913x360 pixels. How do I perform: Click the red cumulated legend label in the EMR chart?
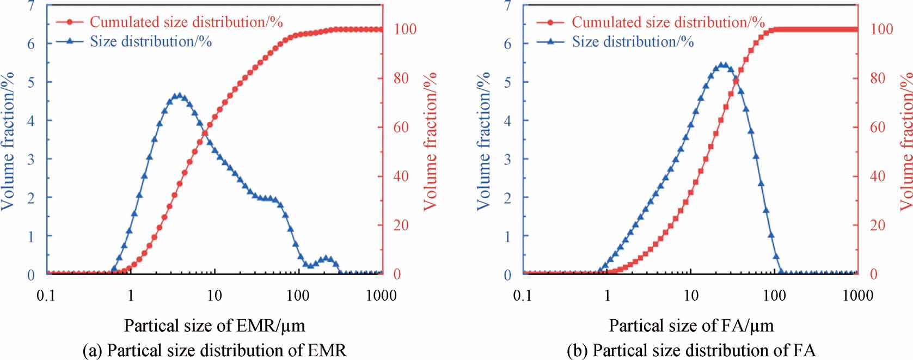click(x=186, y=22)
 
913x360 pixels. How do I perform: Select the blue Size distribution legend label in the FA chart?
click(x=633, y=41)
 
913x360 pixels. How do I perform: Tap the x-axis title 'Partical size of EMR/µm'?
click(x=215, y=326)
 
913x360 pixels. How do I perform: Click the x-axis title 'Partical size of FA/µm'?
click(x=691, y=326)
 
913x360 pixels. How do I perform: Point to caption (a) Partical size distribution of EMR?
click(x=214, y=350)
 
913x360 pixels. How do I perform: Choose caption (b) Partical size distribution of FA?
click(x=691, y=350)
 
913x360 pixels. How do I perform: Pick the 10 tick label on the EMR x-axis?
click(x=215, y=296)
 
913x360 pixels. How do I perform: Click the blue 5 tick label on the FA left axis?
click(x=507, y=82)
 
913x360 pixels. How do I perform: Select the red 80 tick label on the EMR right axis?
click(x=401, y=78)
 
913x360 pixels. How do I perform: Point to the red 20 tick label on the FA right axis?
click(x=878, y=225)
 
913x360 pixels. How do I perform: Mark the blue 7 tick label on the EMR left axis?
click(x=32, y=6)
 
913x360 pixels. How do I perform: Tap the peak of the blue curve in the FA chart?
click(x=722, y=65)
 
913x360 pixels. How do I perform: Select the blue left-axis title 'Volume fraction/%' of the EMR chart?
click(x=8, y=140)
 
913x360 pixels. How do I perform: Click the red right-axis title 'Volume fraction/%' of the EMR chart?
click(x=430, y=140)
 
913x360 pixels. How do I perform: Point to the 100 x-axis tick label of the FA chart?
click(x=774, y=296)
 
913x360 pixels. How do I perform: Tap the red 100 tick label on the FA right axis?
click(x=881, y=29)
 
